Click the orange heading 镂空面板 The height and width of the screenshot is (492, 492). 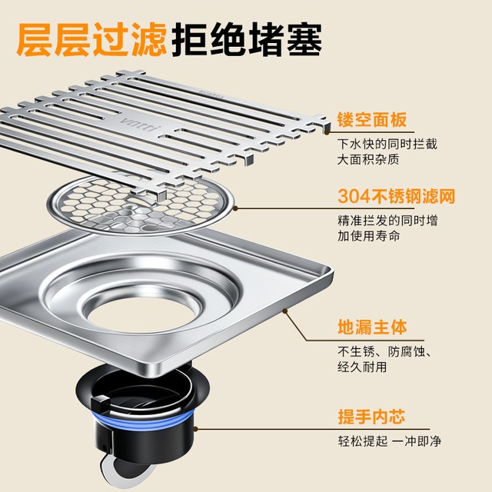(x=372, y=119)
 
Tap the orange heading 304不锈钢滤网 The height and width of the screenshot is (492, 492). (x=397, y=197)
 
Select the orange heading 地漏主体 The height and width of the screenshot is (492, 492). (x=372, y=327)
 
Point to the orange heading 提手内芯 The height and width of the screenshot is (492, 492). (x=371, y=417)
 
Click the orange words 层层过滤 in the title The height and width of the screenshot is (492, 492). (x=91, y=39)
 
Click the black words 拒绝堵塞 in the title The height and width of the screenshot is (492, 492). (x=247, y=39)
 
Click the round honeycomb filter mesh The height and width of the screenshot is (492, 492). (x=140, y=206)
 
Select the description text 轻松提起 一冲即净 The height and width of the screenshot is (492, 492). (x=390, y=440)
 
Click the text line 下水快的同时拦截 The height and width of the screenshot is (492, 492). (x=387, y=144)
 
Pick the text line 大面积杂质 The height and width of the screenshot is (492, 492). (x=368, y=159)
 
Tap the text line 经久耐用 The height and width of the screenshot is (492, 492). (x=362, y=367)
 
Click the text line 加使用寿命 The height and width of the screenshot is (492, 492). (x=369, y=236)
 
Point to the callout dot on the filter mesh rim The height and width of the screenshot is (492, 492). (x=236, y=208)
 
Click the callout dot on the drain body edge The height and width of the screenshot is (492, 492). (x=285, y=311)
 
